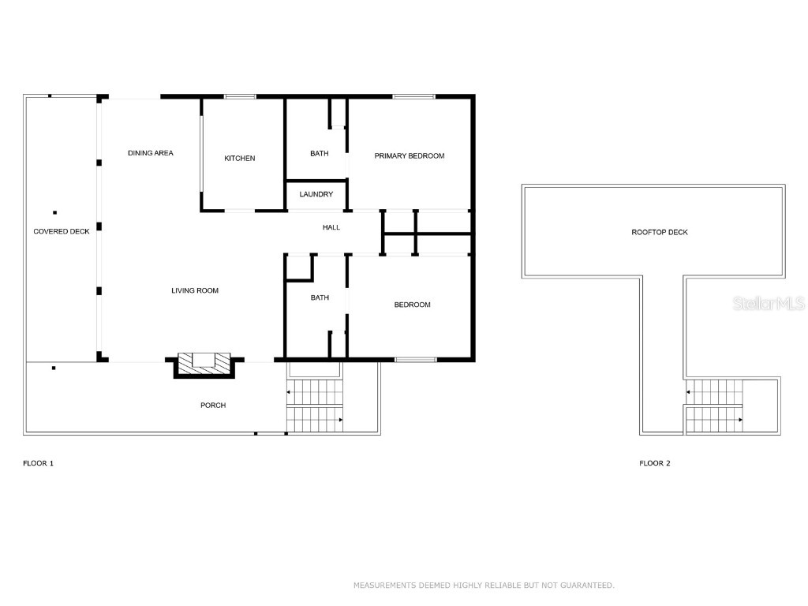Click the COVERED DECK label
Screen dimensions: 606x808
(62, 231)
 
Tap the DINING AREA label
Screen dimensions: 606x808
(150, 153)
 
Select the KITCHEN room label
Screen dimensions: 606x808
(240, 159)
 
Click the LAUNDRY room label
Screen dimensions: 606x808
(316, 194)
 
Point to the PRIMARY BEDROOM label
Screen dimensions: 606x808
(409, 155)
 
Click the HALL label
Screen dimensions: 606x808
(331, 227)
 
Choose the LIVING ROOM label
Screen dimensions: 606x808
(195, 291)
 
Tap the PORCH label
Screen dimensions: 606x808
(213, 406)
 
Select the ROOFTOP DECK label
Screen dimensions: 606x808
(660, 232)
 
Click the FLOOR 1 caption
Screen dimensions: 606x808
(38, 463)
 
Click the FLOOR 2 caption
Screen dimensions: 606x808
(654, 463)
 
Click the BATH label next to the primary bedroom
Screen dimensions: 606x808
(319, 154)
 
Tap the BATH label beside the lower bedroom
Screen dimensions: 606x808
(319, 297)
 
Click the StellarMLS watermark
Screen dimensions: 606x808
(769, 304)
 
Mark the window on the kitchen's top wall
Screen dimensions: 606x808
(240, 97)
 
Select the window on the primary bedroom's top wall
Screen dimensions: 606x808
(414, 97)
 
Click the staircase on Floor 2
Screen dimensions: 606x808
(713, 406)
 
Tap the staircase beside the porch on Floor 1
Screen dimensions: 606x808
(314, 406)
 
